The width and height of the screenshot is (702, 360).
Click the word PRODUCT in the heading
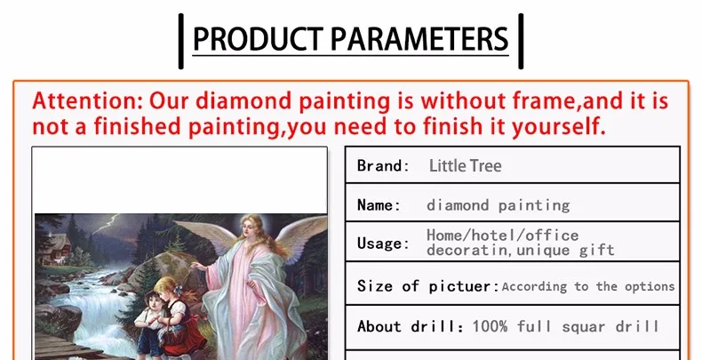tap(258, 39)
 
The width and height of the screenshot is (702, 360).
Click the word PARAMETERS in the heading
tap(419, 39)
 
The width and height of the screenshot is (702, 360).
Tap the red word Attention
tap(87, 100)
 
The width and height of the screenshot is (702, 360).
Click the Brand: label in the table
tap(383, 165)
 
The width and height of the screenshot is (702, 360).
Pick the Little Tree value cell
tap(465, 165)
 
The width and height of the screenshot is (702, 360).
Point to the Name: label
tap(379, 205)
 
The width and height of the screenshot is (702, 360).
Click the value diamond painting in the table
tap(498, 205)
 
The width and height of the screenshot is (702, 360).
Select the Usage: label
tap(383, 244)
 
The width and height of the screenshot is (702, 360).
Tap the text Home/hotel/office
tap(502, 235)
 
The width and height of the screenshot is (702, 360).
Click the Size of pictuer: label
tap(428, 285)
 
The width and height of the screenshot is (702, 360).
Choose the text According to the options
tap(588, 286)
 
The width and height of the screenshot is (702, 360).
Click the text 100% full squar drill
tap(566, 326)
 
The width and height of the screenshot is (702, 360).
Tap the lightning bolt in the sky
tap(108, 224)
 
